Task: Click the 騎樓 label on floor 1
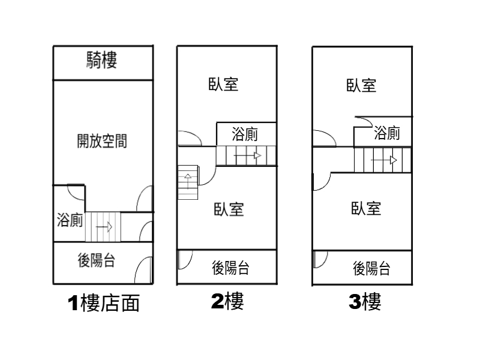point(102,60)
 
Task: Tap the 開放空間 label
point(102,142)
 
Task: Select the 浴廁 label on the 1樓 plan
point(70,220)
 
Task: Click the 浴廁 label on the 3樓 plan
point(386,133)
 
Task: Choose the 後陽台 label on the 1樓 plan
point(97,260)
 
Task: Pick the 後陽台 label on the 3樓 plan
point(371,268)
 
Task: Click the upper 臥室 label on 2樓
point(223,85)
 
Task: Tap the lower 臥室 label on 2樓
point(228,209)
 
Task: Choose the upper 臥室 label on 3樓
point(361,86)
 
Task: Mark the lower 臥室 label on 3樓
point(366,209)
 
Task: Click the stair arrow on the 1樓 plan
point(104,227)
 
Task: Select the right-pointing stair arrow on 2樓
point(247,156)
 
